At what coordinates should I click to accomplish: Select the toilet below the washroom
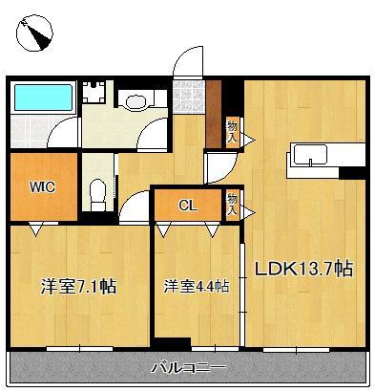(95, 192)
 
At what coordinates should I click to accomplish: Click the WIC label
(39, 188)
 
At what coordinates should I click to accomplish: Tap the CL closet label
(188, 204)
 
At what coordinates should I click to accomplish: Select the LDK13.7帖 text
(302, 269)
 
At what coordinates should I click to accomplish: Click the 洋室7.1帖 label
(78, 286)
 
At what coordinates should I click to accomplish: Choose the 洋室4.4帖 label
(196, 286)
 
